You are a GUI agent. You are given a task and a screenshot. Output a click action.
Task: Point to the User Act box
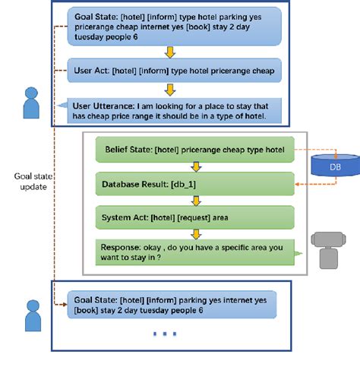(x=175, y=71)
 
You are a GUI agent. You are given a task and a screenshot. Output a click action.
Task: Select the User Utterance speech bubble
(x=175, y=110)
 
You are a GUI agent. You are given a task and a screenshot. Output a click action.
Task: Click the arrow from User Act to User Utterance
(x=170, y=90)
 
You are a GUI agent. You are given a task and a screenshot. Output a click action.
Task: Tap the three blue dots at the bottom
(x=165, y=334)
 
